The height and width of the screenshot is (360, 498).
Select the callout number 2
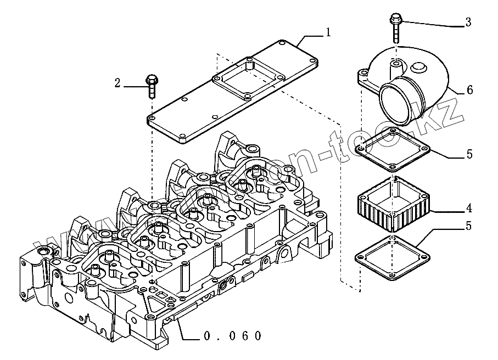point(117,84)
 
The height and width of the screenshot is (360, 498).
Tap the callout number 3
point(467,22)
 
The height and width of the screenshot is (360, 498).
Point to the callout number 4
point(468,209)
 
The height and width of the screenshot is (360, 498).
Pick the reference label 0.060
point(232,336)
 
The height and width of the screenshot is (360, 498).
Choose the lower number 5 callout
point(469,226)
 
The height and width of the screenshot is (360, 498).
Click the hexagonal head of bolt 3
point(395,20)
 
